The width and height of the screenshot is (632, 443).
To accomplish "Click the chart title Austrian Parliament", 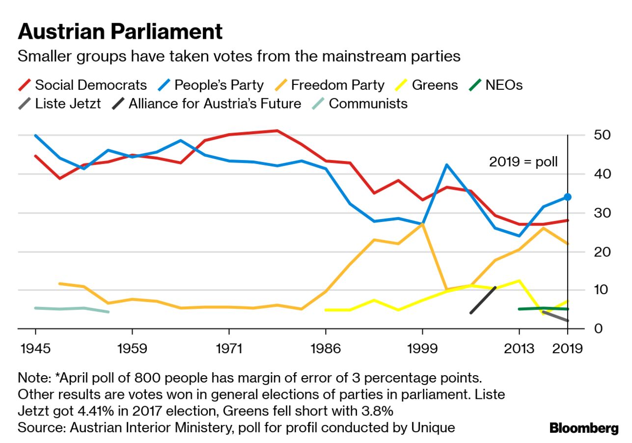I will click(x=120, y=32).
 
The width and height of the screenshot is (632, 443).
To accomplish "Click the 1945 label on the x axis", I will click(x=35, y=349).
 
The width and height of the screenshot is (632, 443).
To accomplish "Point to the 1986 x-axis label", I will click(x=325, y=349).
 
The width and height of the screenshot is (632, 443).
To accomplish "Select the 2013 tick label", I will click(x=519, y=349).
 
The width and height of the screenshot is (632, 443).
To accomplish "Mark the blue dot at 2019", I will click(x=567, y=197).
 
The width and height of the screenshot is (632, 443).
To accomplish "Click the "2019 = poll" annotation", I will click(x=523, y=162).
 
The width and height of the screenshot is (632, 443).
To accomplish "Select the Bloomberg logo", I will click(x=584, y=428).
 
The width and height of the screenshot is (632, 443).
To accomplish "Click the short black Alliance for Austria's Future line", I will click(x=483, y=300).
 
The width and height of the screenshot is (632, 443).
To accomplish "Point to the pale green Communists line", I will click(x=72, y=309).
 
